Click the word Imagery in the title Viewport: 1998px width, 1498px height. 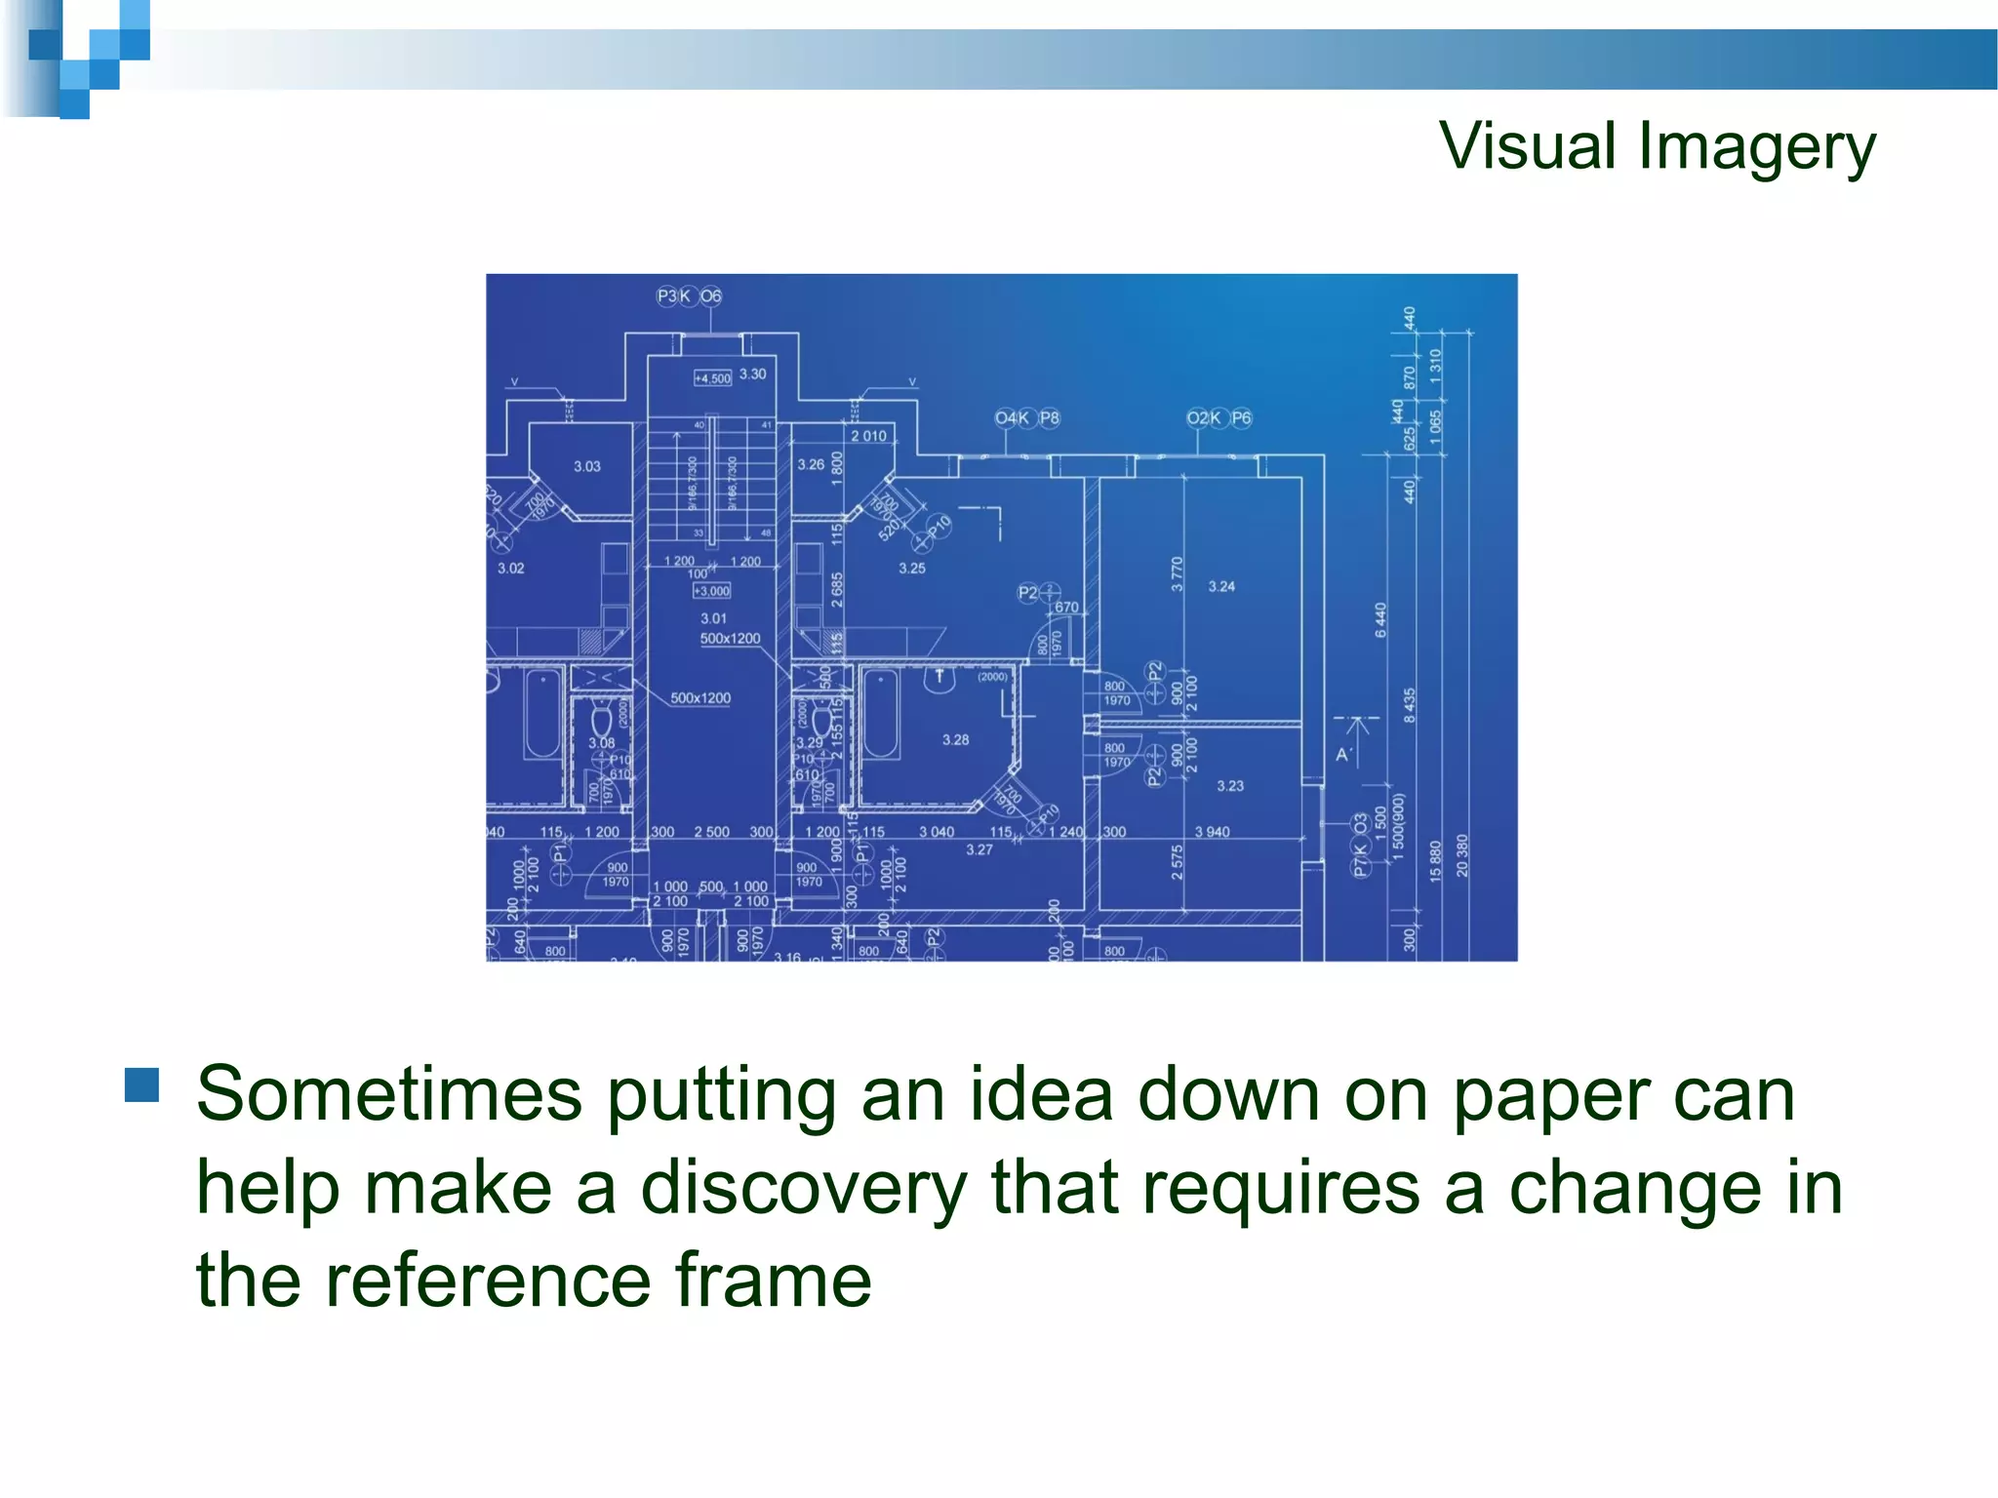coord(1756,148)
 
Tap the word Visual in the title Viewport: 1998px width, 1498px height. coord(1528,146)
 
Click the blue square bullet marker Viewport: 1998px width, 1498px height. coord(142,1084)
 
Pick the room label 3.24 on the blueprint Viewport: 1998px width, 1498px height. coord(1221,586)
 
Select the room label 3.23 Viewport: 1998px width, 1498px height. coord(1230,785)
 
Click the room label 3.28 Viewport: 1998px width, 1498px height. coord(956,740)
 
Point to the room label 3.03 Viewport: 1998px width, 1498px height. coord(587,466)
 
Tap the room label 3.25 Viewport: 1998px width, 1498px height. coord(912,568)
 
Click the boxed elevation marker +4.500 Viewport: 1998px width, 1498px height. coord(712,378)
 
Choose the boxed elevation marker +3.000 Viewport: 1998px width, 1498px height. coord(711,591)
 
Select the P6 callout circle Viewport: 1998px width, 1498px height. coord(1241,418)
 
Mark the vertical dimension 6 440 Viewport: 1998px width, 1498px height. coord(1380,620)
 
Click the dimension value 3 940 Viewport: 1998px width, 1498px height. coord(1212,832)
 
